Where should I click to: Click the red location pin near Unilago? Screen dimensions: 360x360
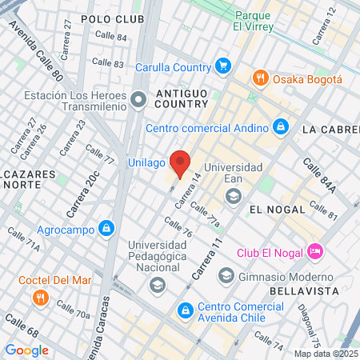180,162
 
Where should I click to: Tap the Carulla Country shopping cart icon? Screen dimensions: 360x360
223,66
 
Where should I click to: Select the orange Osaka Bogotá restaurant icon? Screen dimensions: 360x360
260,78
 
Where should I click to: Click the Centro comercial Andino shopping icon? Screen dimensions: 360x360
280,126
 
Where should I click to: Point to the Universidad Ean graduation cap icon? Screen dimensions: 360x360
233,196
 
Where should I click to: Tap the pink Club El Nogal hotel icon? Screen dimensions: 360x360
314,252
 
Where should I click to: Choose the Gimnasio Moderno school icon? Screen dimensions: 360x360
226,275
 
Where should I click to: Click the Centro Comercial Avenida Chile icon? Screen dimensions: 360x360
185,308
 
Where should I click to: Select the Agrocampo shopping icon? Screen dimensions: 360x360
106,227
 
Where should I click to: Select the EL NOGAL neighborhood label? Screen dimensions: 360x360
277,209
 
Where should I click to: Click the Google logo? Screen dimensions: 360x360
26,350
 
